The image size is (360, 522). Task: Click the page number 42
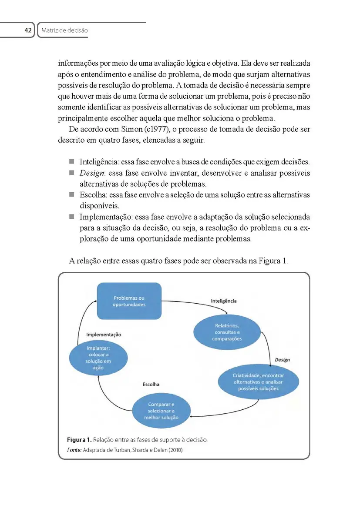coord(28,30)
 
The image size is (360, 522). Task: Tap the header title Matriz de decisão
coord(64,30)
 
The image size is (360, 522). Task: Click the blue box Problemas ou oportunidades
coord(129,301)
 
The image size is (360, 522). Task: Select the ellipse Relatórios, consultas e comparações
coord(226,332)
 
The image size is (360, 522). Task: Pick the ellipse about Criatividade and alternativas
coord(258,381)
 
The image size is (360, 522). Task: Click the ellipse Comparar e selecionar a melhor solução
coord(161,411)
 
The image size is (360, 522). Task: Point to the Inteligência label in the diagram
coord(224,301)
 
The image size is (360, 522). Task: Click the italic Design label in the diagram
coord(282,360)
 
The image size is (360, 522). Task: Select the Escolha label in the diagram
coord(151,384)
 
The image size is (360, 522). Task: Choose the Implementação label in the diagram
coord(104,335)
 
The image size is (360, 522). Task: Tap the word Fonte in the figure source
coord(74,450)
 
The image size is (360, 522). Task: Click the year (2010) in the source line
coord(175,450)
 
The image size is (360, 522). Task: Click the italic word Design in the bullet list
coord(91,173)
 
